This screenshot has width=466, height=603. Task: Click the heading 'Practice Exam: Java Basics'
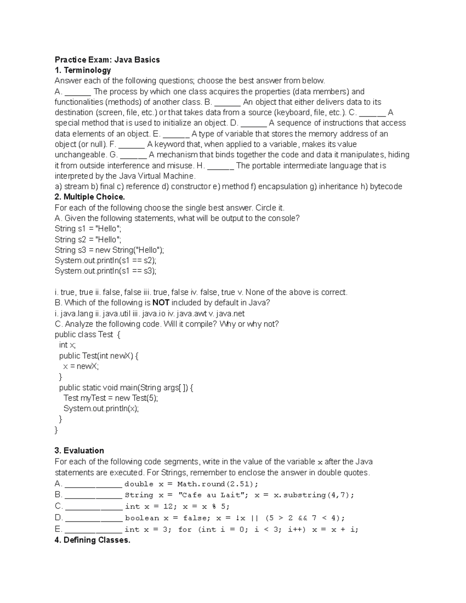pyautogui.click(x=107, y=60)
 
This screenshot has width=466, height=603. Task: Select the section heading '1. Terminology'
pyautogui.click(x=83, y=70)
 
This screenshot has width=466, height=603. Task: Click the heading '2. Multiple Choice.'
pyautogui.click(x=90, y=197)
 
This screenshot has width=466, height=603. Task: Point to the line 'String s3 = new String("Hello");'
pyautogui.click(x=109, y=250)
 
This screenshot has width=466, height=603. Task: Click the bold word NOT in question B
pyautogui.click(x=161, y=303)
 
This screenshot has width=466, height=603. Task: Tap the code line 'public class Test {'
pyautogui.click(x=88, y=335)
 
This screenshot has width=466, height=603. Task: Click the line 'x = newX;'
pyautogui.click(x=81, y=366)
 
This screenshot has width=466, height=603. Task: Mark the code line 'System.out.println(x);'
pyautogui.click(x=101, y=408)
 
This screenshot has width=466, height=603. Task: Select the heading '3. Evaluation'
pyautogui.click(x=79, y=451)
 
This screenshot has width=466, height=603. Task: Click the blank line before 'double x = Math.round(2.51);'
pyautogui.click(x=93, y=485)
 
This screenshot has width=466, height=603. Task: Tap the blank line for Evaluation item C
pyautogui.click(x=94, y=507)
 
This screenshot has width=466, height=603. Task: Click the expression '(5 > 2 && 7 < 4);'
pyautogui.click(x=305, y=518)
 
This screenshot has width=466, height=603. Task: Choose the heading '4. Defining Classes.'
pyautogui.click(x=92, y=540)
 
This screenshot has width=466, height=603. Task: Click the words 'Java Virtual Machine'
pyautogui.click(x=156, y=176)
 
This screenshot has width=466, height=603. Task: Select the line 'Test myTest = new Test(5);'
pyautogui.click(x=111, y=398)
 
